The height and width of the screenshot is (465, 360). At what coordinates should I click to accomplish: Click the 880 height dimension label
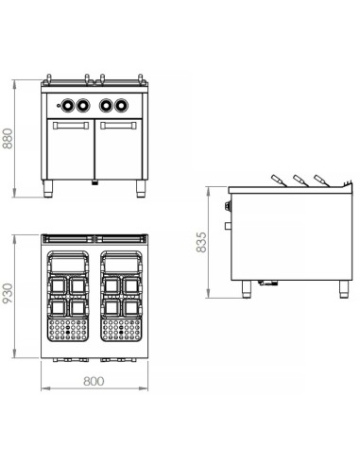[9, 141]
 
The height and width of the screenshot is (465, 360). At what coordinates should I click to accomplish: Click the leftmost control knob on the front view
[66, 104]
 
